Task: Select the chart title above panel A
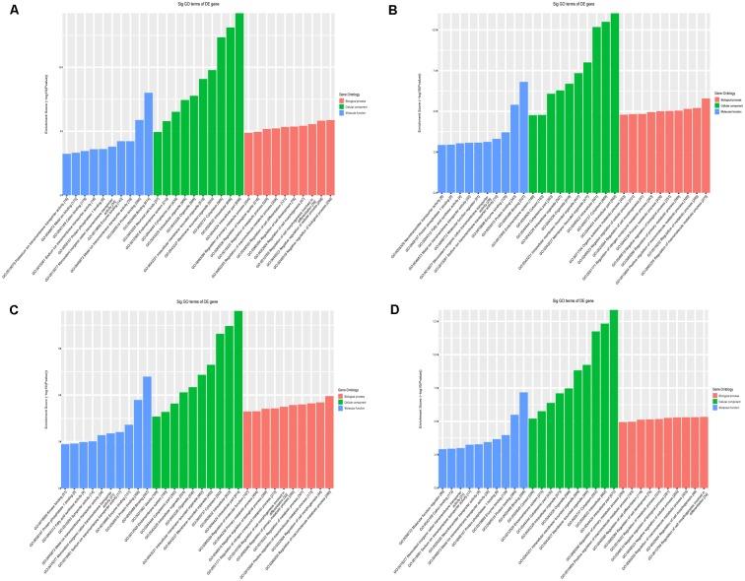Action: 198,6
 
